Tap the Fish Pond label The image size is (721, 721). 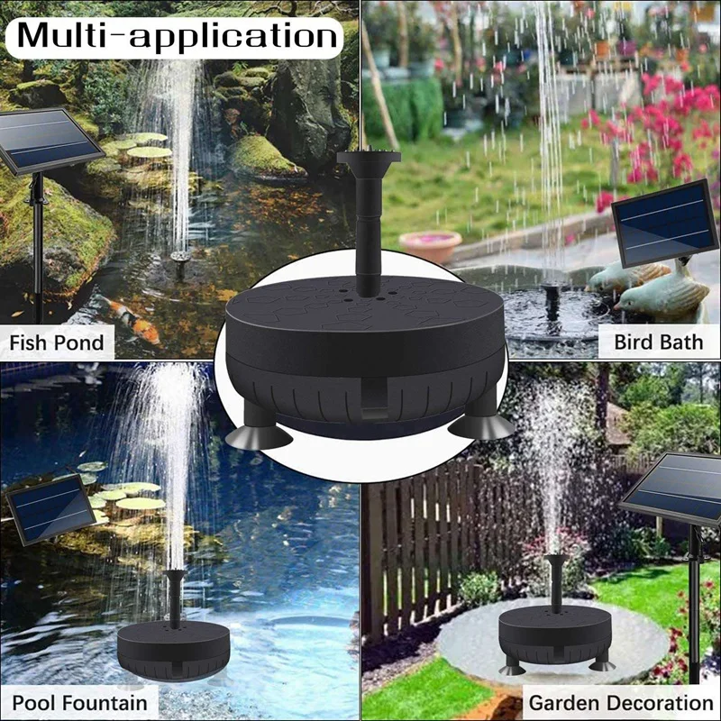click(57, 342)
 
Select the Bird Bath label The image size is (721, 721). click(658, 342)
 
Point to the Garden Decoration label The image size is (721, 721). click(621, 702)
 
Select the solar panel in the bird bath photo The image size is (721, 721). click(665, 223)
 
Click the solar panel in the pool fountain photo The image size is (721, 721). click(50, 509)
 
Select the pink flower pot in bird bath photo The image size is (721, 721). click(429, 246)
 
